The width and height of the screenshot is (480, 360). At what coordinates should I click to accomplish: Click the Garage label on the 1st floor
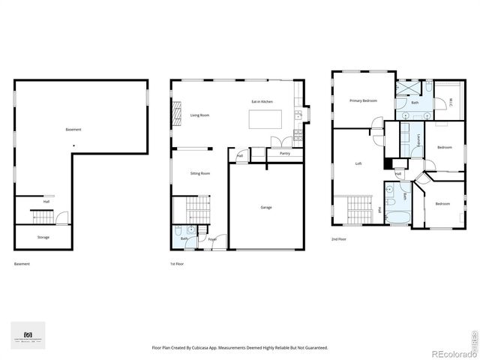(x=266, y=207)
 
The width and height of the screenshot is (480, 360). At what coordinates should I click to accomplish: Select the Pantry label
(x=284, y=153)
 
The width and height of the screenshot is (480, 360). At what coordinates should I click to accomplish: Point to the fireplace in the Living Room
(x=178, y=115)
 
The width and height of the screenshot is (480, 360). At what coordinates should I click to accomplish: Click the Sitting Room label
(x=200, y=173)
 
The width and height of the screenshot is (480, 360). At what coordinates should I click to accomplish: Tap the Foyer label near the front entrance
(x=212, y=239)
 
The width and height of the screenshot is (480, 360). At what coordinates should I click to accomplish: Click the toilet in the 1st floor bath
(x=175, y=232)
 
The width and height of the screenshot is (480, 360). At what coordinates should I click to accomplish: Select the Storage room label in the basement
(x=43, y=237)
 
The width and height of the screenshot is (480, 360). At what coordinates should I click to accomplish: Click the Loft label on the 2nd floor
(x=358, y=163)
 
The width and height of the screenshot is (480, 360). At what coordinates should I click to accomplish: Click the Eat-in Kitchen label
(x=262, y=100)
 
